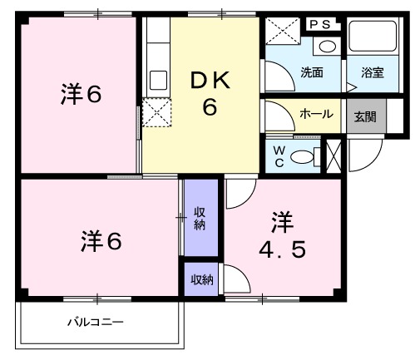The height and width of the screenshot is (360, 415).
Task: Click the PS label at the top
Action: click(x=320, y=25)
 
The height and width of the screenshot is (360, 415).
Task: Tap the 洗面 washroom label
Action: click(x=312, y=72)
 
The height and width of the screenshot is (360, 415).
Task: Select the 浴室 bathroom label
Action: click(x=372, y=72)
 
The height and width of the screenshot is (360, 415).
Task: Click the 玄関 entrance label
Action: click(x=364, y=115)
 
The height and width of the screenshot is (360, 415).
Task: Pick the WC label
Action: click(x=280, y=155)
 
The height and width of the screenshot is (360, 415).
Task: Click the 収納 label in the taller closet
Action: click(x=200, y=219)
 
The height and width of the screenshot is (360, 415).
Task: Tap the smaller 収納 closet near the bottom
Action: click(x=200, y=279)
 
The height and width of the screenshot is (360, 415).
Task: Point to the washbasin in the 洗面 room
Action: click(x=329, y=47)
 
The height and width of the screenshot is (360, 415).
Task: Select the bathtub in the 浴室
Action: click(x=373, y=38)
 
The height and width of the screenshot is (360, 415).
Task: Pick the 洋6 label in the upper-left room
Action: click(x=82, y=95)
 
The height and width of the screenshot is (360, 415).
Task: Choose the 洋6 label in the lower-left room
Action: click(x=101, y=242)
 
